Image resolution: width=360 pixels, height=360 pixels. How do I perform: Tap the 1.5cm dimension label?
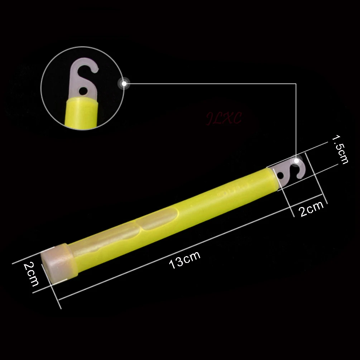(x=340, y=149)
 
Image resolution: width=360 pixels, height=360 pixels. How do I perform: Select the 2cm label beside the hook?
(x=312, y=209)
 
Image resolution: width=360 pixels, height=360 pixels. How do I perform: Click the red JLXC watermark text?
(x=224, y=118)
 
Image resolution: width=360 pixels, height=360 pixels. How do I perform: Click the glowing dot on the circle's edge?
(x=124, y=83)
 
